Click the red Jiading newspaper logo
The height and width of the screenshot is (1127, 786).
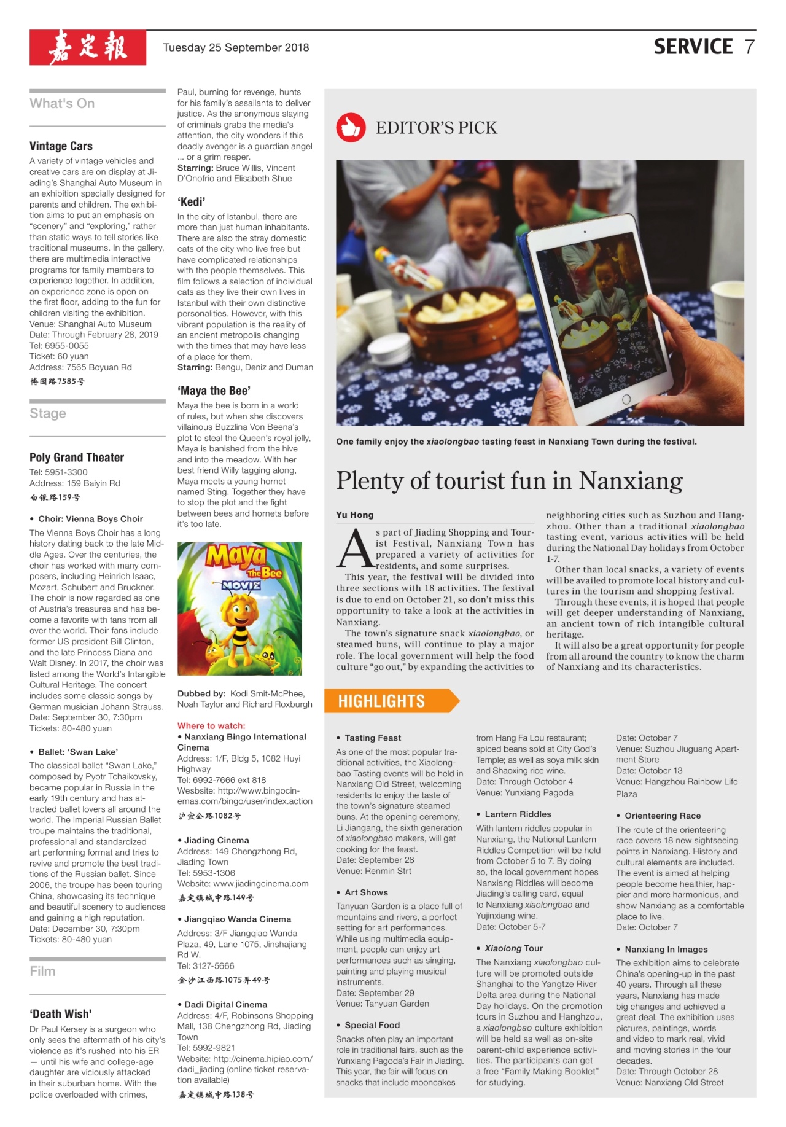pyautogui.click(x=88, y=47)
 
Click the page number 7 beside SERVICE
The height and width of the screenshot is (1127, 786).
pyautogui.click(x=749, y=47)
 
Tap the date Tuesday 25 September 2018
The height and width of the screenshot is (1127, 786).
pyautogui.click(x=236, y=48)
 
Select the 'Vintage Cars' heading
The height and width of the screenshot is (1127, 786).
pyautogui.click(x=61, y=146)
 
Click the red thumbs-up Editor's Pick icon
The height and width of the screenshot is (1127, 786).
pyautogui.click(x=351, y=128)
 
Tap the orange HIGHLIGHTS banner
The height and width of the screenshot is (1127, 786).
pyautogui.click(x=393, y=701)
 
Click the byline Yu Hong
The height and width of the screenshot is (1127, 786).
pyautogui.click(x=354, y=515)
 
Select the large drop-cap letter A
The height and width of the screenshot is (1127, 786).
pyautogui.click(x=354, y=548)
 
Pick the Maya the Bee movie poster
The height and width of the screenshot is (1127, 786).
pyautogui.click(x=239, y=608)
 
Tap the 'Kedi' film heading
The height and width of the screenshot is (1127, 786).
pyautogui.click(x=191, y=202)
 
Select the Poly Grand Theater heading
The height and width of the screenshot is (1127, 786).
pyautogui.click(x=77, y=458)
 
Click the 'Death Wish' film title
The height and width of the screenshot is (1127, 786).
pyautogui.click(x=61, y=1014)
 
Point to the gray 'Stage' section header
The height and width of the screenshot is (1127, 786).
pyautogui.click(x=48, y=413)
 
